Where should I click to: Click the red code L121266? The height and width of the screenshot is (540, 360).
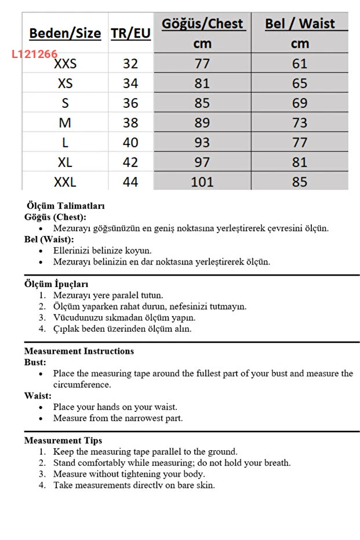click(x=35, y=55)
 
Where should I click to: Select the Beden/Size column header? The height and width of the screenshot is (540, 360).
click(x=65, y=33)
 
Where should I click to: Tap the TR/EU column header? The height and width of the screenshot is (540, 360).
click(x=130, y=33)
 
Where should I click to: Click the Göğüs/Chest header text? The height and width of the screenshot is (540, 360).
click(x=202, y=24)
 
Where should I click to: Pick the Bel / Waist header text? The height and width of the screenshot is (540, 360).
click(x=300, y=24)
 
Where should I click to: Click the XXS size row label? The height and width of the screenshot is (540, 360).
click(x=65, y=64)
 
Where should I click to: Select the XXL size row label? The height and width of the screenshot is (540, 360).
click(x=65, y=182)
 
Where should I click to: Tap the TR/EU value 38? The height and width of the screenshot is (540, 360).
click(x=130, y=123)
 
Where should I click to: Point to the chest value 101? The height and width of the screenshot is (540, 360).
click(x=202, y=182)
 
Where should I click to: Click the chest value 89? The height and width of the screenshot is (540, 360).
click(x=202, y=123)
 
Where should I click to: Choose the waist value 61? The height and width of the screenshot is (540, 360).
click(x=300, y=64)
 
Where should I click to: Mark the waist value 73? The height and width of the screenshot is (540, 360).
click(x=300, y=123)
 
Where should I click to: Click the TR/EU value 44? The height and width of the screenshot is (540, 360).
click(x=130, y=182)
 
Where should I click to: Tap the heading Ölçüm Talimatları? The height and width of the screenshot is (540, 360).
click(x=66, y=206)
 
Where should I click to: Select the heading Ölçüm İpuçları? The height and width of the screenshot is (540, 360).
click(x=56, y=284)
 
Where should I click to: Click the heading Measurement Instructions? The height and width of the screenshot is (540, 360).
click(x=79, y=351)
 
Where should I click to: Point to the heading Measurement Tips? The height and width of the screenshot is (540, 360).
click(x=63, y=440)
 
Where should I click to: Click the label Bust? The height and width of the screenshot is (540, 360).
click(x=35, y=362)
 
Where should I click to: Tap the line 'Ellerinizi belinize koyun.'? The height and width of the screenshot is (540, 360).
click(x=102, y=251)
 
